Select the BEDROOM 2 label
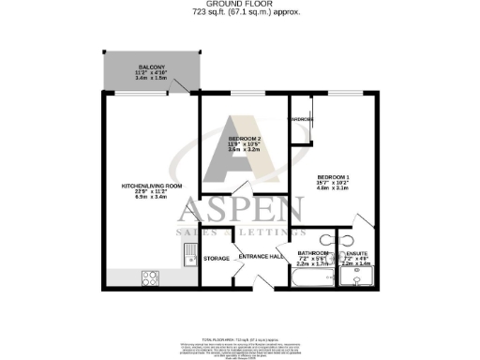(245, 140)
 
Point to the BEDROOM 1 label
(332, 177)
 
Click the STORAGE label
(217, 258)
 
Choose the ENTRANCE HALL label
(262, 257)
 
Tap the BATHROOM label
(312, 252)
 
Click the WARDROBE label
(300, 120)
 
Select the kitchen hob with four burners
(149, 277)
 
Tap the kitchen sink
(189, 253)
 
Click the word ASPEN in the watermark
(241, 212)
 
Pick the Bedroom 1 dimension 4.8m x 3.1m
(332, 188)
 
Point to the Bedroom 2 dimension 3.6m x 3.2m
(245, 150)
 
